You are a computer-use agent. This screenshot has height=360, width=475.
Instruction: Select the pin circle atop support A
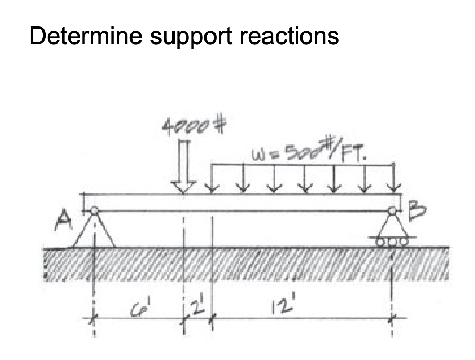94,211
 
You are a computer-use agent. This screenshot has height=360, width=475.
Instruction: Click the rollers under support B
392,242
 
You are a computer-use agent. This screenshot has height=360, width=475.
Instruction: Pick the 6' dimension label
136,308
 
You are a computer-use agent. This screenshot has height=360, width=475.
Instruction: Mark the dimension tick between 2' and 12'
212,318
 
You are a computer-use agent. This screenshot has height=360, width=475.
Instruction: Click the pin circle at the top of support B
392,211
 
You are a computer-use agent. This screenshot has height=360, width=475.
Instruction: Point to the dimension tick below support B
392,318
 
